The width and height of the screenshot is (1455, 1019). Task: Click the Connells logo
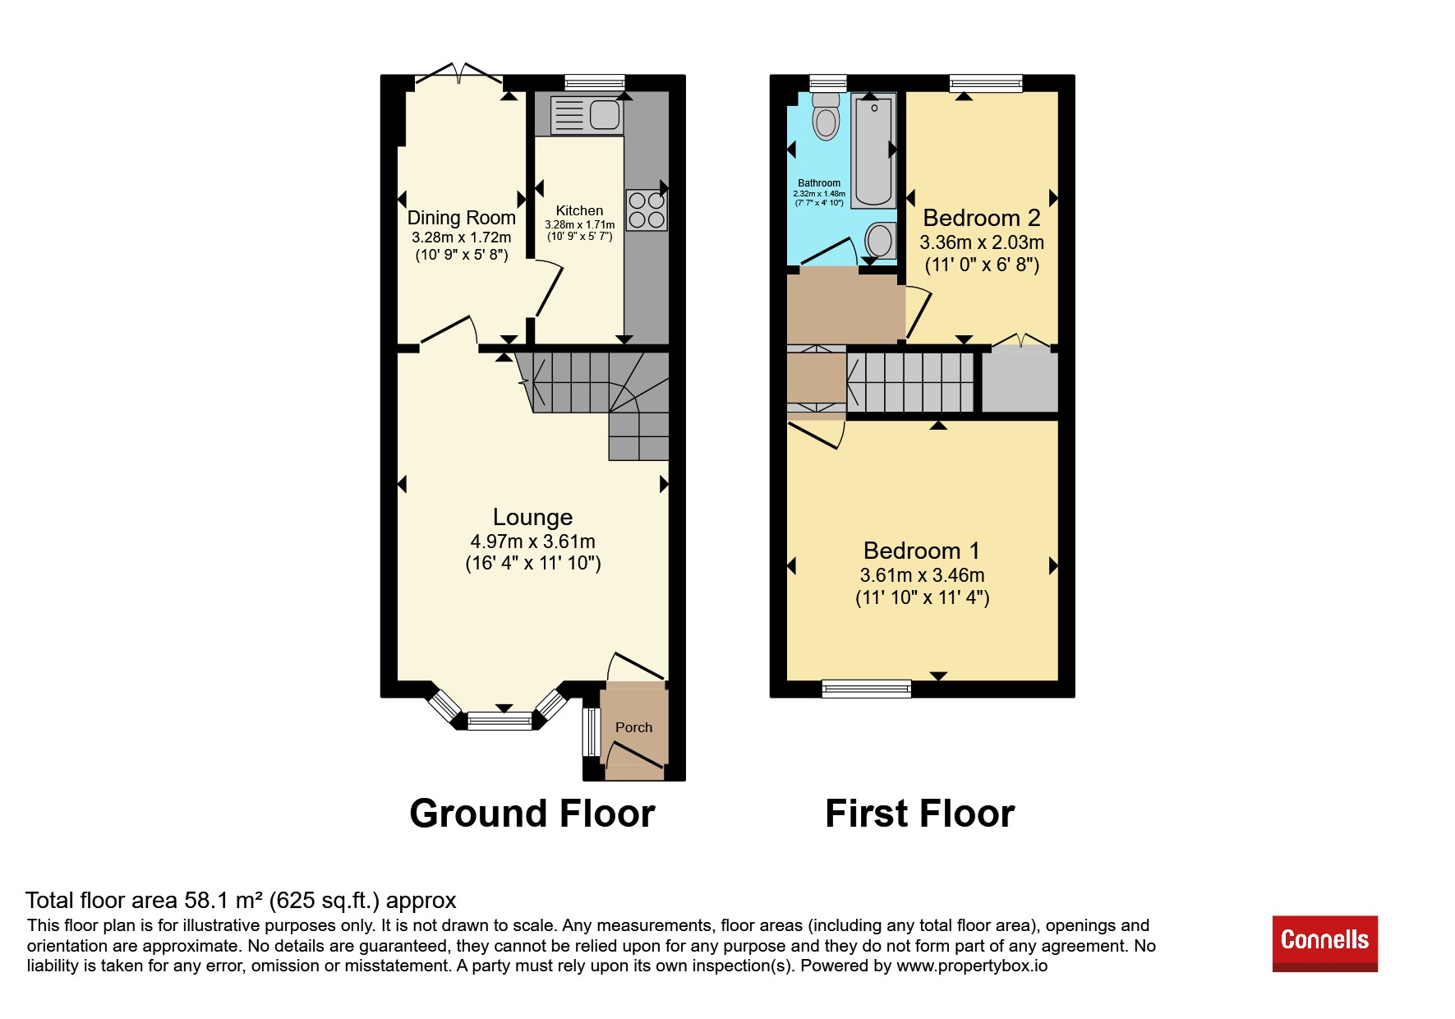(x=1324, y=943)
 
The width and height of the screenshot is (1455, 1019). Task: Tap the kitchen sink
(x=587, y=115)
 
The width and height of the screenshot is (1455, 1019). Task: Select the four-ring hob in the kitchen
(x=647, y=210)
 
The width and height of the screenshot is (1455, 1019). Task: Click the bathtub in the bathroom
(x=873, y=151)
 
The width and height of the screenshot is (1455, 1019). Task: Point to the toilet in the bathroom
(x=826, y=117)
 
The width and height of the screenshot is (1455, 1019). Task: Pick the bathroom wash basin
(x=880, y=241)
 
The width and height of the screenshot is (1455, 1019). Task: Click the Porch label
(x=633, y=727)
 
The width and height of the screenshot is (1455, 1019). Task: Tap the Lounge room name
(x=532, y=517)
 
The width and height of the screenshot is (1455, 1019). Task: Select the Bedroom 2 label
(x=982, y=218)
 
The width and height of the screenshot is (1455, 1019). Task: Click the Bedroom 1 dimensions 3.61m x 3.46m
(x=922, y=575)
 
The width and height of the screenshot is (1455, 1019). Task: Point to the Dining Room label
(x=462, y=218)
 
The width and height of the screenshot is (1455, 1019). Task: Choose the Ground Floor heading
(x=532, y=814)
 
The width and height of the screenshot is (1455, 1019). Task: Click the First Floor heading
(x=920, y=814)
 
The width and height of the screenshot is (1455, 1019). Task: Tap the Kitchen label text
(x=579, y=210)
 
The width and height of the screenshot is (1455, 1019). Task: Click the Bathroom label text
(x=819, y=183)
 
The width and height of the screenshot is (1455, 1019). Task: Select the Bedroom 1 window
(x=867, y=689)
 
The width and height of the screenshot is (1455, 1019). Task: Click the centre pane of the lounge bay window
(x=500, y=722)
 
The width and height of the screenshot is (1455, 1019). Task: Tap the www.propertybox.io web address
(x=972, y=966)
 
